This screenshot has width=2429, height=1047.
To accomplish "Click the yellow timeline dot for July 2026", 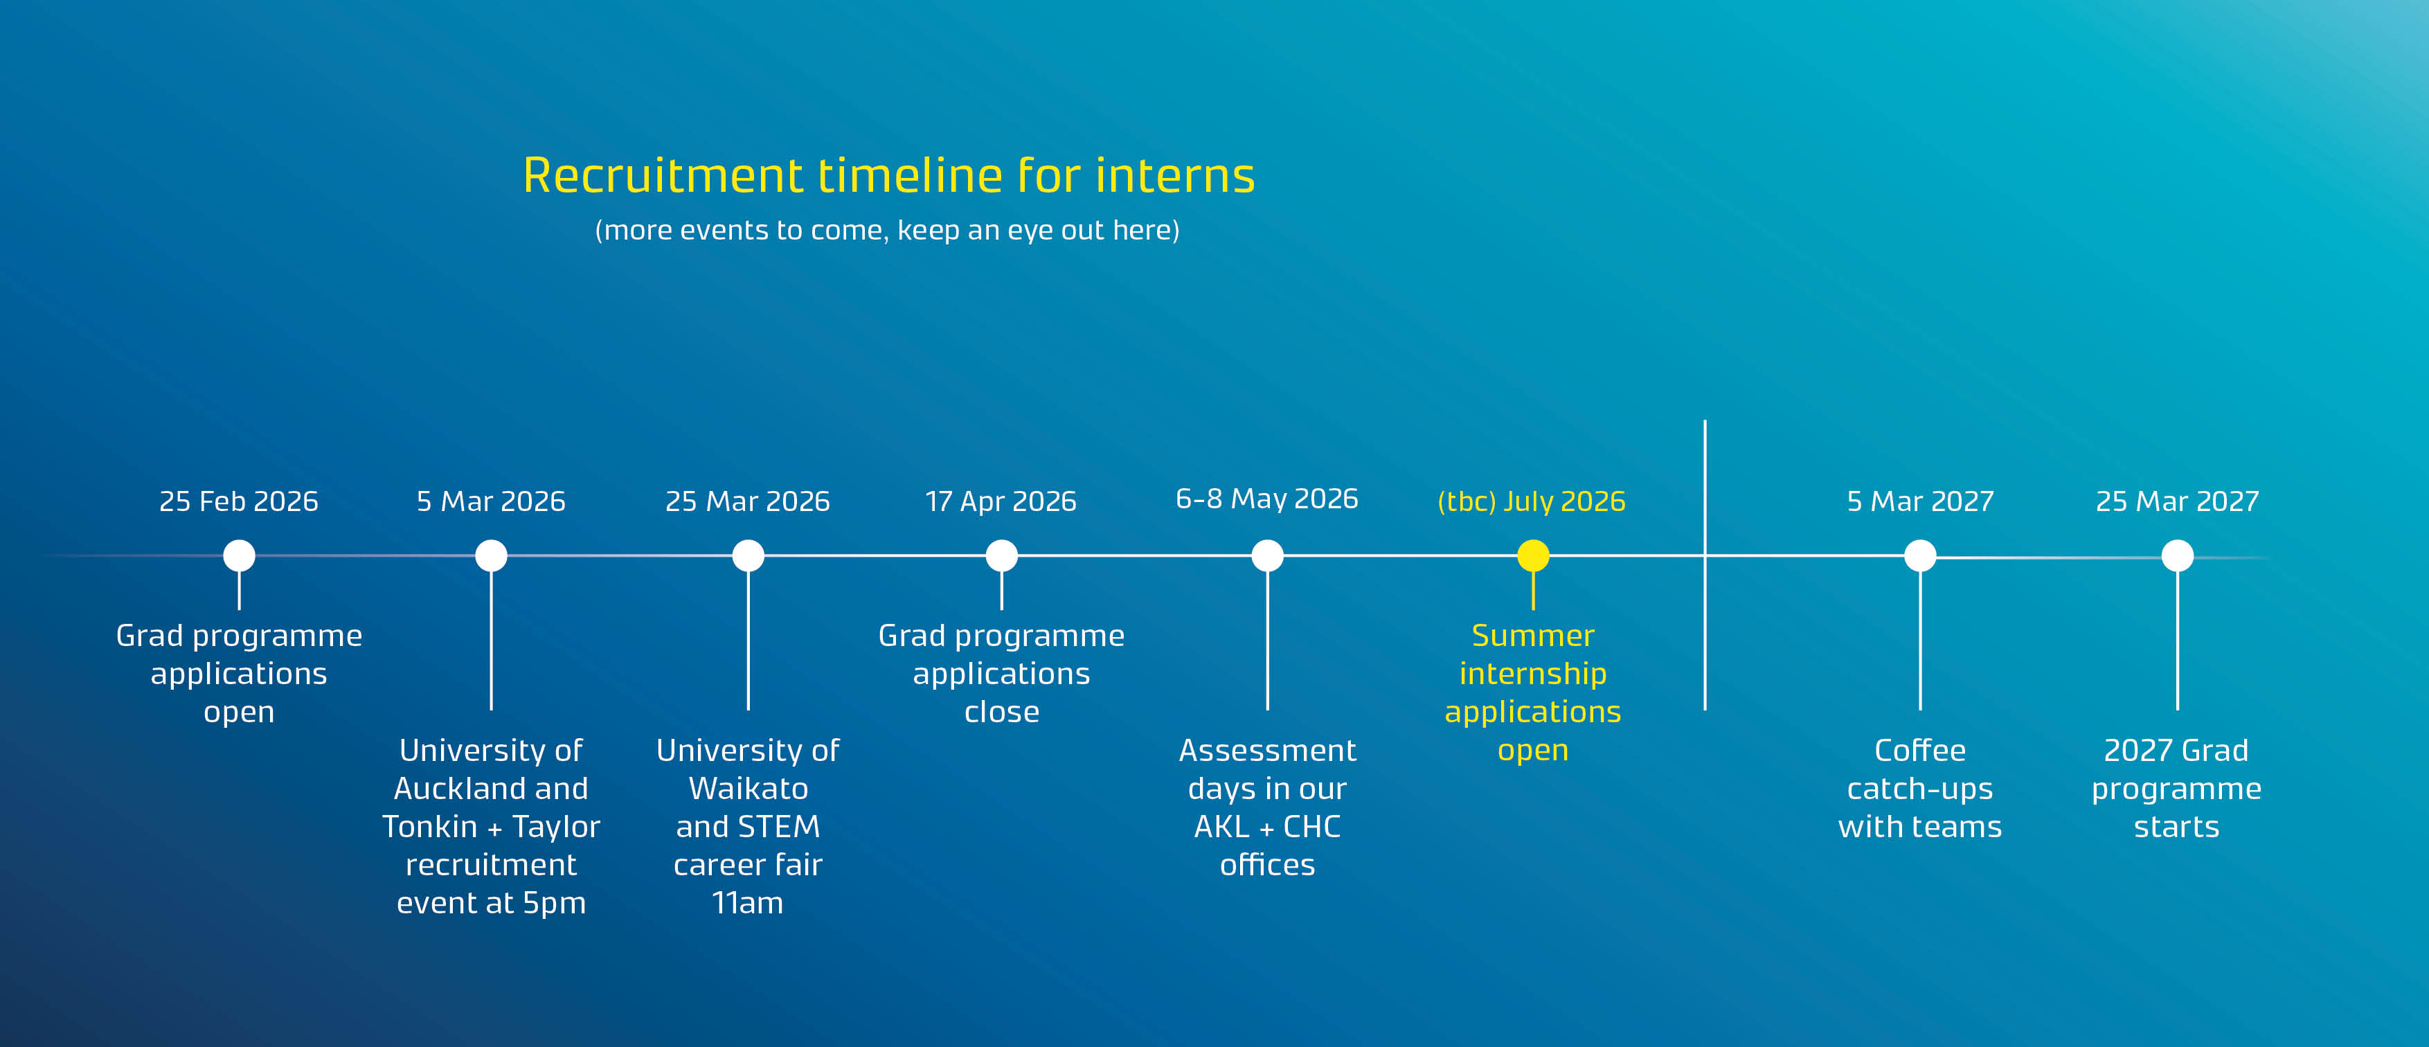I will point(1532,555).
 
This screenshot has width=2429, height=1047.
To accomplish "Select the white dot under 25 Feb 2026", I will point(239,555).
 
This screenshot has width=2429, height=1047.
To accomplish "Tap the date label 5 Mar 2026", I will point(490,501).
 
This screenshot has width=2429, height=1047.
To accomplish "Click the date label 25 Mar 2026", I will point(747,501).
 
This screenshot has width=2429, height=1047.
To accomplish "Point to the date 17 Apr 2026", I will point(1001,501).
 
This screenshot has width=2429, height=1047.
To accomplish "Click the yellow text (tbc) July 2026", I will point(1532,501).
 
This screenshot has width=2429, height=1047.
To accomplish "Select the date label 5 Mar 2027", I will point(1920,501).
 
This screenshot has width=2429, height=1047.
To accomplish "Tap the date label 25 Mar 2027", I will point(2176,501).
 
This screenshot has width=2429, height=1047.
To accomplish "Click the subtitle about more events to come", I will point(886,230).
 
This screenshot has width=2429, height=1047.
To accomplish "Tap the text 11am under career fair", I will point(748,903).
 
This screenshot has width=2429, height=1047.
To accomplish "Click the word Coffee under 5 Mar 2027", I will point(1920,750).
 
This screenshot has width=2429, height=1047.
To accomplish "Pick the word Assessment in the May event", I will point(1266,750).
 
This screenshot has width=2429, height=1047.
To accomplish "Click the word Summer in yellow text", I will point(1532,635).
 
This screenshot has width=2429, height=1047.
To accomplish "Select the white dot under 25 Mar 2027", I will point(2176,555).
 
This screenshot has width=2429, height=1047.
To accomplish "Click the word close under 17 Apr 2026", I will point(1001,711).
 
